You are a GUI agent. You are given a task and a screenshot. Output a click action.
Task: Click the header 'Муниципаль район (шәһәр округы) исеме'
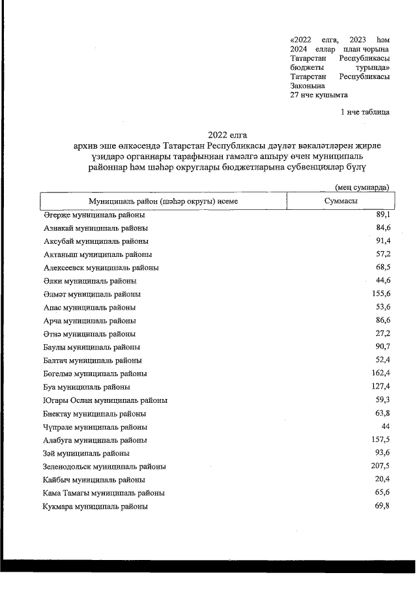[164, 201]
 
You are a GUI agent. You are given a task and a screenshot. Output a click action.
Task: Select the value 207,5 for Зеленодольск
[379, 466]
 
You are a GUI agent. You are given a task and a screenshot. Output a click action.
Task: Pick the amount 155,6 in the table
[379, 294]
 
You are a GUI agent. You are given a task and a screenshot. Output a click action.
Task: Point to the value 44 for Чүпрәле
[384, 426]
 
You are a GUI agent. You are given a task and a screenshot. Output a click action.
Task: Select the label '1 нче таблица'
[365, 112]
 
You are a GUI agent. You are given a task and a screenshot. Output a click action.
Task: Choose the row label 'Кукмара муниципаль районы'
[95, 507]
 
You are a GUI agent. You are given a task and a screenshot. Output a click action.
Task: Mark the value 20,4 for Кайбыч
[381, 479]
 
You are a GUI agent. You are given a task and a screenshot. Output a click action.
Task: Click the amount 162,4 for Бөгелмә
[379, 374]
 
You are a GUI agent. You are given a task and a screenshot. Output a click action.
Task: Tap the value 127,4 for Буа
[379, 387]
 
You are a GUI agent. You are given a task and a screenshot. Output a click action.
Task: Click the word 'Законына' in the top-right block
[307, 85]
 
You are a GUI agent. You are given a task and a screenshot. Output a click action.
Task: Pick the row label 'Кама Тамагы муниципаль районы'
[104, 493]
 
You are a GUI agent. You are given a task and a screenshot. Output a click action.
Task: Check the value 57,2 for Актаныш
[381, 254]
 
